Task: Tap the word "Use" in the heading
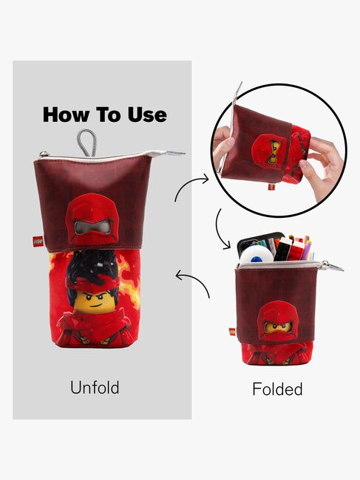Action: click(146, 114)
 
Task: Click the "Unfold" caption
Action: click(94, 387)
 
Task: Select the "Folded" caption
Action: click(277, 388)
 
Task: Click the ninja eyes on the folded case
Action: click(274, 326)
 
